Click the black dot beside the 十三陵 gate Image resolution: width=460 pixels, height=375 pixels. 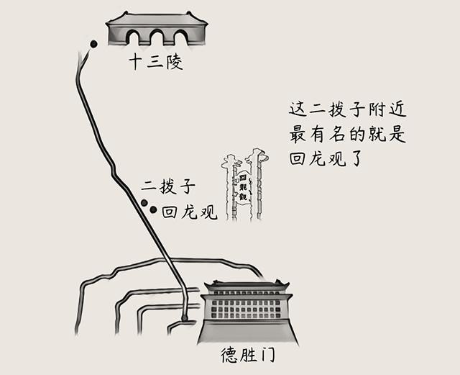(93, 45)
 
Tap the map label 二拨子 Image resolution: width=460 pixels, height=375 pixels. (169, 189)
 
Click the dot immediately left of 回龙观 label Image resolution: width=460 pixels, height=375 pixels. (154, 210)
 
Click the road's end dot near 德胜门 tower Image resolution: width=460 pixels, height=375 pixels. (185, 317)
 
